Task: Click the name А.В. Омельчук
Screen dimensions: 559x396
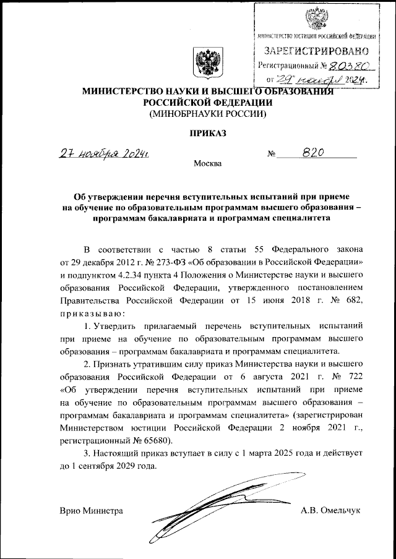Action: (330, 511)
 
